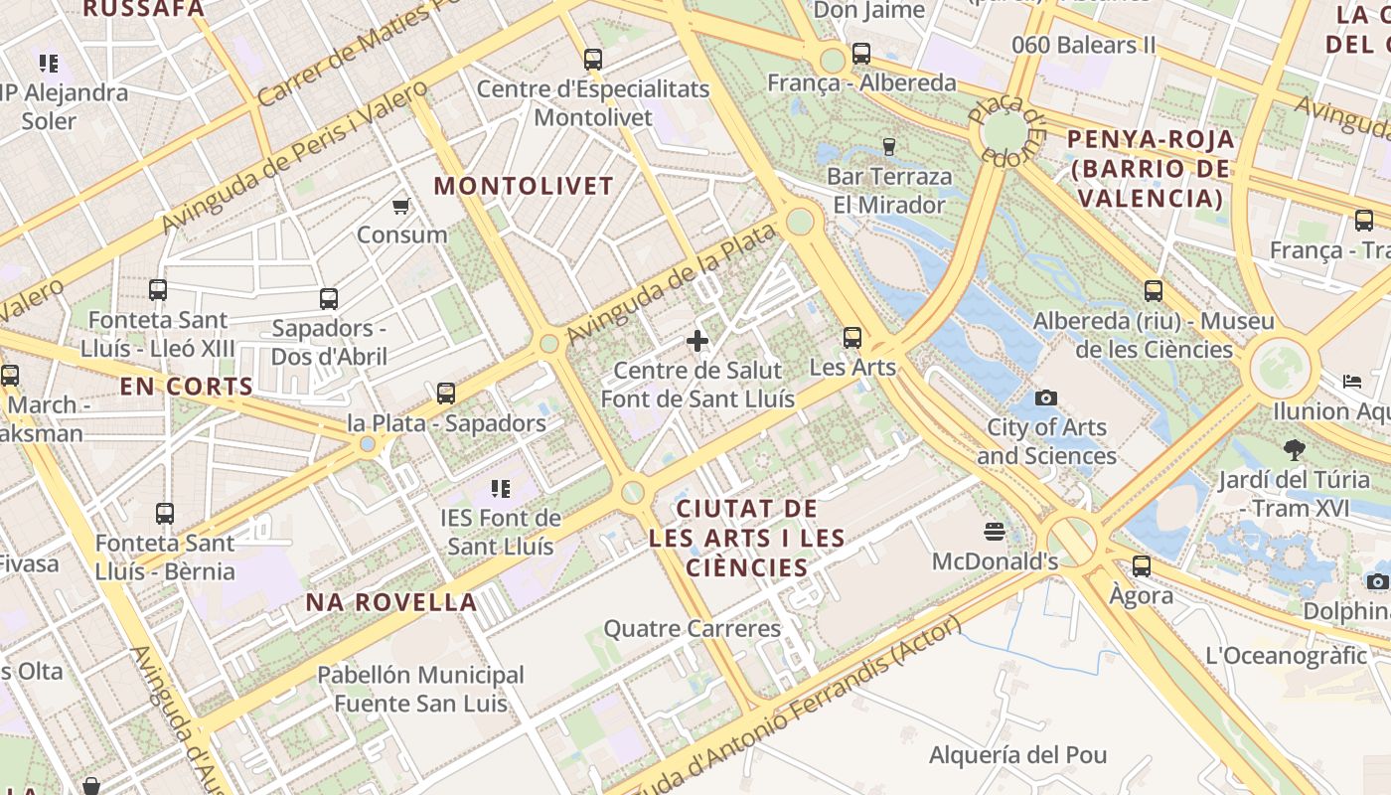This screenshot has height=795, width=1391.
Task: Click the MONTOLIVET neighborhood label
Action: (524, 186)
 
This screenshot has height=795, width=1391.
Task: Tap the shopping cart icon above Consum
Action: (400, 206)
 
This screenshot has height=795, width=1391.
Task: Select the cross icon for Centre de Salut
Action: (697, 341)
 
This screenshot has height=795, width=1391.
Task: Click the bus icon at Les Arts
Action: (852, 338)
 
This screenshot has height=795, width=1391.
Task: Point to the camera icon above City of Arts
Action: (1045, 398)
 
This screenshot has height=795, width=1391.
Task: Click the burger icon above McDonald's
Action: (995, 531)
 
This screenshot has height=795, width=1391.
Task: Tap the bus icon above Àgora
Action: (1142, 566)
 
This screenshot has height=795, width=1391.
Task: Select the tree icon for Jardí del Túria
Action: (1294, 450)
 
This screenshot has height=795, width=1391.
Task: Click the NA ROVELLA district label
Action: (391, 602)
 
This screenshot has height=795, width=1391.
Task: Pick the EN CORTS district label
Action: (187, 388)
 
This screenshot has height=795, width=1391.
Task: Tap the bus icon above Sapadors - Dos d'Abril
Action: (328, 298)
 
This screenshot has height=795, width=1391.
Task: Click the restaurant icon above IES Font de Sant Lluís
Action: (501, 488)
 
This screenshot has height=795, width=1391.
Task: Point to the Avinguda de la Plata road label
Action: (670, 286)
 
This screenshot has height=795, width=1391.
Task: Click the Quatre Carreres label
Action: (693, 629)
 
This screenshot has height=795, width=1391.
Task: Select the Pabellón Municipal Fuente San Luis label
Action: (420, 690)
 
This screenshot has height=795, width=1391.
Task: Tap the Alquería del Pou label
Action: (1017, 755)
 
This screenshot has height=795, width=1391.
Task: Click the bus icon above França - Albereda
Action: (860, 54)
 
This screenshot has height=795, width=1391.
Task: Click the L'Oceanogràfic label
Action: (1286, 656)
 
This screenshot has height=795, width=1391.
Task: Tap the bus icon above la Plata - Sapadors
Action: (446, 394)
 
